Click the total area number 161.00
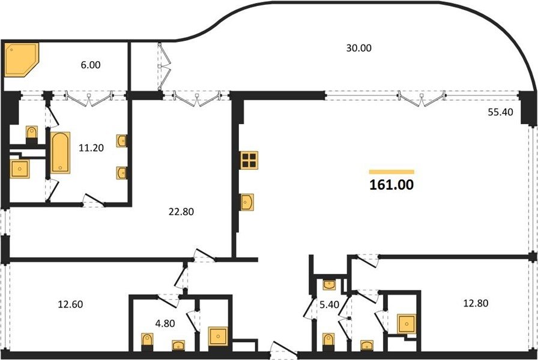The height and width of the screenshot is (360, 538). pos(391,185)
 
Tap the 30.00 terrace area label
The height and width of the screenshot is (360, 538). pos(358,48)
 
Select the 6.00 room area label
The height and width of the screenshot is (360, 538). pos(91,65)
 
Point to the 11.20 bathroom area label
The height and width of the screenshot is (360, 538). pos(91,148)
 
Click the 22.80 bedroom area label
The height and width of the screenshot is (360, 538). pos(181,212)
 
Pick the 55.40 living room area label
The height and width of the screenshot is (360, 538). pos(500,112)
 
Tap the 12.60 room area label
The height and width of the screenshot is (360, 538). pos(70,304)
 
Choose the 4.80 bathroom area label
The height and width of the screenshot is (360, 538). pos(165,323)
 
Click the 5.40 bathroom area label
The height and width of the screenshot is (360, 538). pos(330,305)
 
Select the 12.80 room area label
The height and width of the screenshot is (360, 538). pos(476,304)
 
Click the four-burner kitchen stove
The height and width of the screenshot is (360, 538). pos(249,160)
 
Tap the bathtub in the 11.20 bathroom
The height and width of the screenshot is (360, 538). pos(61,153)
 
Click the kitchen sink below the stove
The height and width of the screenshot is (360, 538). pos(247,202)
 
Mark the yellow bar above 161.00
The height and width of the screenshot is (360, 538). pos(391,172)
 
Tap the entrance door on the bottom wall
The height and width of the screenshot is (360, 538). pos(284,350)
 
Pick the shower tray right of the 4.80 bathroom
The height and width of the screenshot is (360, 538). pos(218,337)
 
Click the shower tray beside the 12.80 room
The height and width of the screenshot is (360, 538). pos(407,323)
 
